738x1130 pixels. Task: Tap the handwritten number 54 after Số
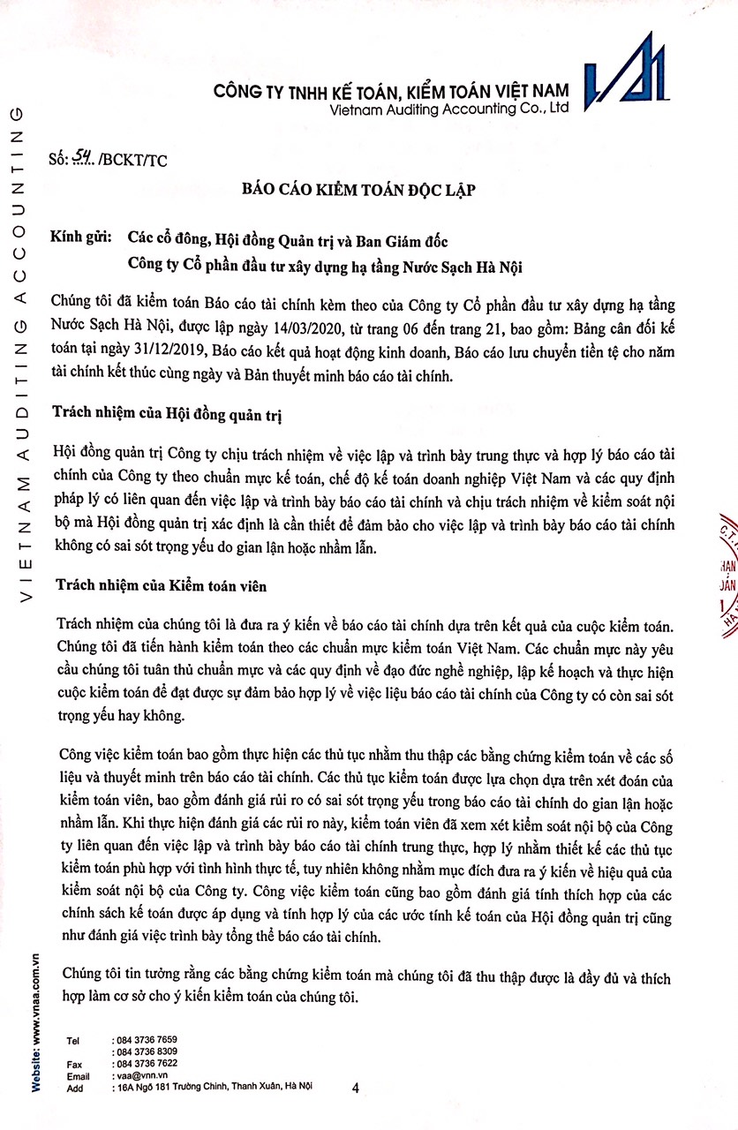point(86,158)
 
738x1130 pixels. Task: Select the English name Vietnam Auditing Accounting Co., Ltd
point(448,108)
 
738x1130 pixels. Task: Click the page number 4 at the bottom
point(355,1089)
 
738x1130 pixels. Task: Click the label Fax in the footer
point(74,1065)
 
